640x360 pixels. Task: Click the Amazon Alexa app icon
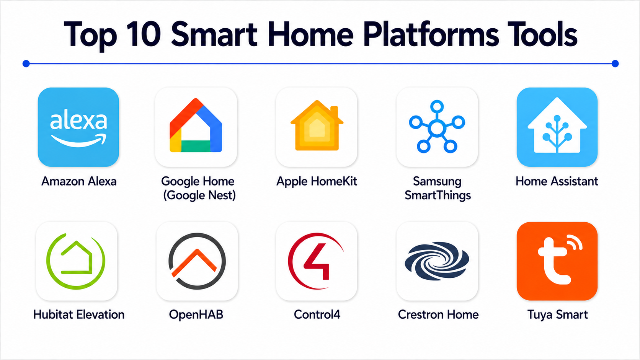[78, 127]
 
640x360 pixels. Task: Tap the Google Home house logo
[196, 125]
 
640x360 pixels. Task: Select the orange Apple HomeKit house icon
[317, 125]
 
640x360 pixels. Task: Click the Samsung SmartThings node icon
[437, 127]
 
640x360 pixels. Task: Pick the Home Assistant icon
[557, 127]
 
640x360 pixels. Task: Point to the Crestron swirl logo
[437, 261]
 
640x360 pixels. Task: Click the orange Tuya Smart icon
[557, 261]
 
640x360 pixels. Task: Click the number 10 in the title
[143, 34]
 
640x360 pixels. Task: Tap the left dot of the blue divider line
[26, 64]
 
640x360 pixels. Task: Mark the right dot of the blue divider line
[615, 64]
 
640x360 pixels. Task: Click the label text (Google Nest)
[199, 195]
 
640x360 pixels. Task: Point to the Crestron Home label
[438, 314]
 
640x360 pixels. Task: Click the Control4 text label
[317, 314]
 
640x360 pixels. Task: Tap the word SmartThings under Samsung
[438, 195]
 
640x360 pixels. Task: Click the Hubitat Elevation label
[79, 314]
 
